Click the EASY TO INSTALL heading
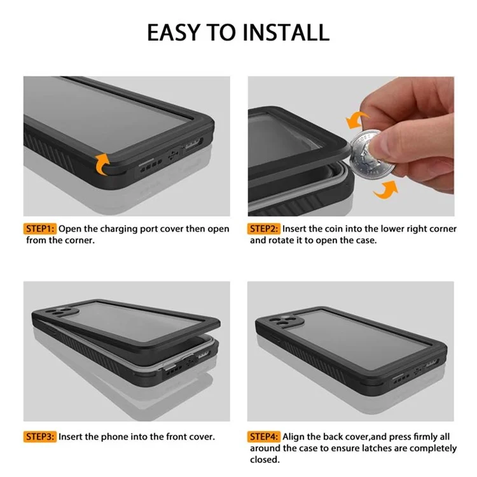pyautogui.click(x=238, y=32)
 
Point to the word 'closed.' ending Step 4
pyautogui.click(x=265, y=459)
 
